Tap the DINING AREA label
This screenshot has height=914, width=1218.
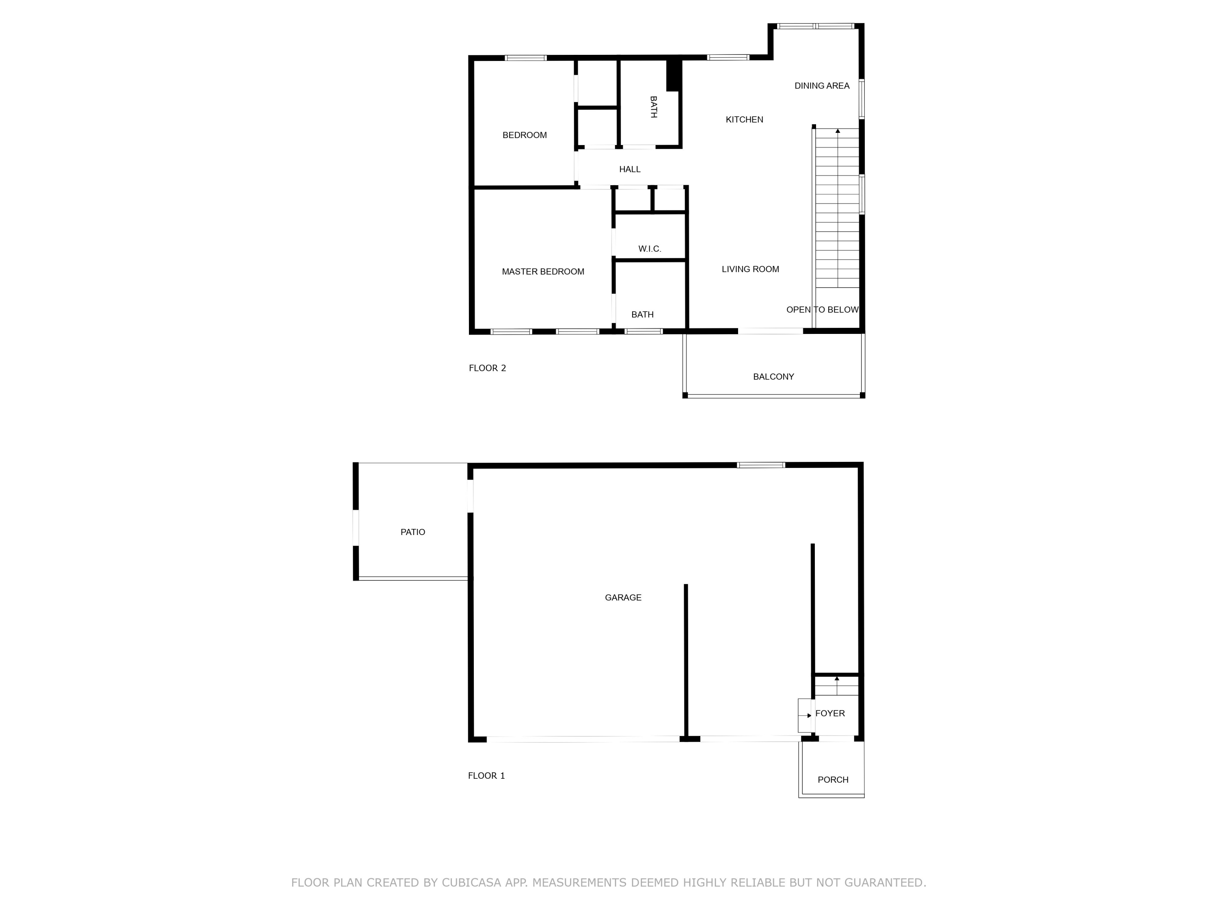coord(822,86)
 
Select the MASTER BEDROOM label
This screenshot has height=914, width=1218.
coord(542,272)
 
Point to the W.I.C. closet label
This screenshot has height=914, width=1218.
coord(649,249)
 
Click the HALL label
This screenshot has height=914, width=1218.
coord(629,169)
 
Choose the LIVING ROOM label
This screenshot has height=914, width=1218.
coord(750,269)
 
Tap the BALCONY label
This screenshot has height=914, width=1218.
coord(773,377)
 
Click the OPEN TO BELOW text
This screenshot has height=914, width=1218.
coord(822,310)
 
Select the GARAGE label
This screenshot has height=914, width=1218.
coord(623,597)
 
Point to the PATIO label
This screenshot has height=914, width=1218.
coord(412,532)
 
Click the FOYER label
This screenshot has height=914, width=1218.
coord(830,713)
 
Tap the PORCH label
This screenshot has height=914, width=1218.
coord(833,780)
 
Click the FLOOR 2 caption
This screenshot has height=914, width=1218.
coord(487,368)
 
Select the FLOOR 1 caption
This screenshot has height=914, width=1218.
coord(486,776)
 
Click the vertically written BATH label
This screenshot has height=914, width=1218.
coord(654,107)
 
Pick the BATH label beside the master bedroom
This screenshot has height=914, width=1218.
coord(642,314)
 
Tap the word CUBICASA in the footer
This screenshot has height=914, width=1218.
coord(471,883)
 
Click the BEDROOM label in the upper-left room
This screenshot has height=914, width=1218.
coord(524,135)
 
